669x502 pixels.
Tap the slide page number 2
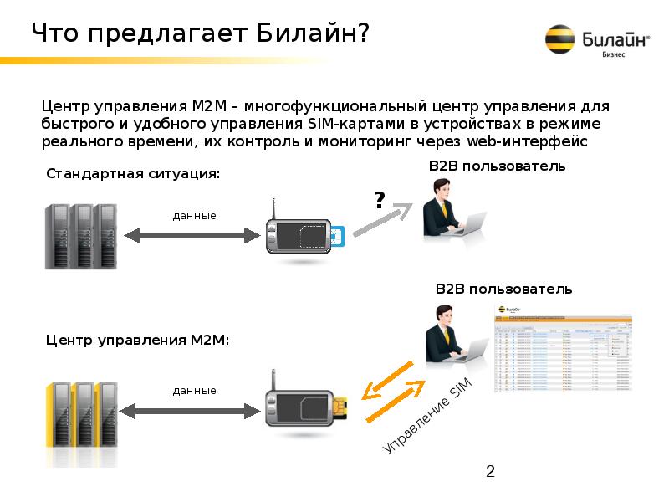(x=491, y=472)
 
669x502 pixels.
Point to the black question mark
(x=379, y=199)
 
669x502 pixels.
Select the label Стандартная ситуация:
(x=133, y=173)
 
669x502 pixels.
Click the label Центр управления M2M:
(x=137, y=340)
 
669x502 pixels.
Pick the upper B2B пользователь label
(x=497, y=166)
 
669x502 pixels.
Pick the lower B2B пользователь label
(x=503, y=289)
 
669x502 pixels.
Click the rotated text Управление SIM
(x=427, y=417)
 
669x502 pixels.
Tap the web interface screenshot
(x=564, y=351)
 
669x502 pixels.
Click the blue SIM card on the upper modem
(x=338, y=237)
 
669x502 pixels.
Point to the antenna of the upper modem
(x=273, y=209)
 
